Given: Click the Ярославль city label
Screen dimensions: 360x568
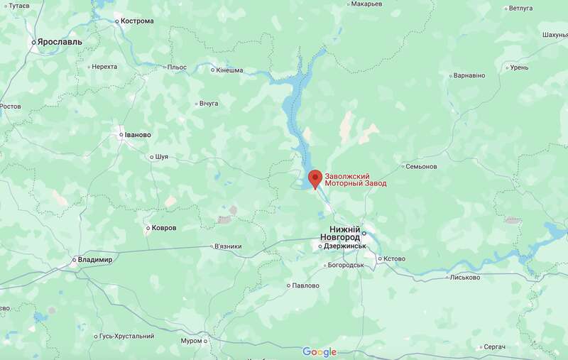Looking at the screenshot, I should [60, 42].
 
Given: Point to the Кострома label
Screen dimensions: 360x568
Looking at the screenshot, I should [137, 21].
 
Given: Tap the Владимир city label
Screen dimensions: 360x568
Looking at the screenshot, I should [96, 260].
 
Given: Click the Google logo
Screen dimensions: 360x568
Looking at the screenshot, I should [319, 351].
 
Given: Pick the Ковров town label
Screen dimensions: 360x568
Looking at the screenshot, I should [163, 228].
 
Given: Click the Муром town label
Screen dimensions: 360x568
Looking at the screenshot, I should [191, 342].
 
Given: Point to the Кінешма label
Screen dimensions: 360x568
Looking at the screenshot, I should [230, 70].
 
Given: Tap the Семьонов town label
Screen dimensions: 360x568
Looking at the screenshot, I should [421, 167].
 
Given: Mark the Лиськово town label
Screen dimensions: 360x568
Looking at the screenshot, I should [465, 278].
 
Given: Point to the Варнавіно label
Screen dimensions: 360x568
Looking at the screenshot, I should [469, 75].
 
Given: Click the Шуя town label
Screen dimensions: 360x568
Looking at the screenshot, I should [161, 157].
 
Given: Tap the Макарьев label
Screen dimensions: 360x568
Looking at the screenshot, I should [366, 4].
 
